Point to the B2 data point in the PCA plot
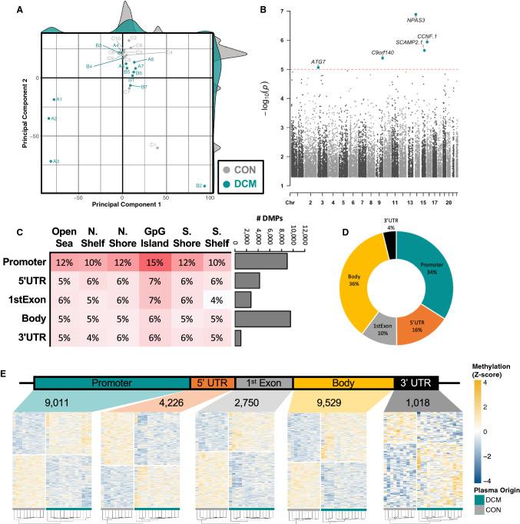tap(204, 185)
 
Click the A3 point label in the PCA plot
tap(55, 161)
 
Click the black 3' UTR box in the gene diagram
tap(415, 383)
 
